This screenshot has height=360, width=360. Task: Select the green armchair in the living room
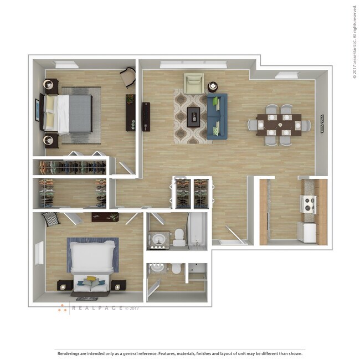[x=194, y=84]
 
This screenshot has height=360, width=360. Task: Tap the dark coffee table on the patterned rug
[x=193, y=117]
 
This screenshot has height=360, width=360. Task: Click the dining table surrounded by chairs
[x=279, y=125]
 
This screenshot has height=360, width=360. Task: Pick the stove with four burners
[x=308, y=204]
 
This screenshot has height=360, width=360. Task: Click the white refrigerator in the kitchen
[x=307, y=232]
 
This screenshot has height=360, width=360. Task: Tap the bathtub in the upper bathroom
[x=198, y=229]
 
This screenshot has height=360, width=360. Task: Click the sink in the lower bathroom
[x=157, y=268]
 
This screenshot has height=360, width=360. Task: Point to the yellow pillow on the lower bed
[x=91, y=279]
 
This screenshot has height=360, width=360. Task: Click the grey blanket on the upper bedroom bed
[x=80, y=114]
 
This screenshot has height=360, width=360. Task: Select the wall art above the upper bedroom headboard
[x=38, y=110]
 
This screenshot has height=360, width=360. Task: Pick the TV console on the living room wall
[x=146, y=116]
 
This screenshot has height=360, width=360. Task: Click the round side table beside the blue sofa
[x=213, y=87]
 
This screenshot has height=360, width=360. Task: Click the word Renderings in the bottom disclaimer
[x=69, y=353]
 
